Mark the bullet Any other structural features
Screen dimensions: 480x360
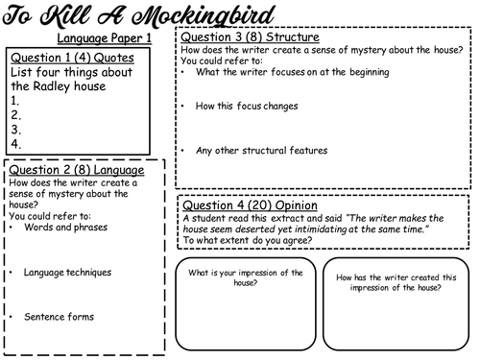260,150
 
